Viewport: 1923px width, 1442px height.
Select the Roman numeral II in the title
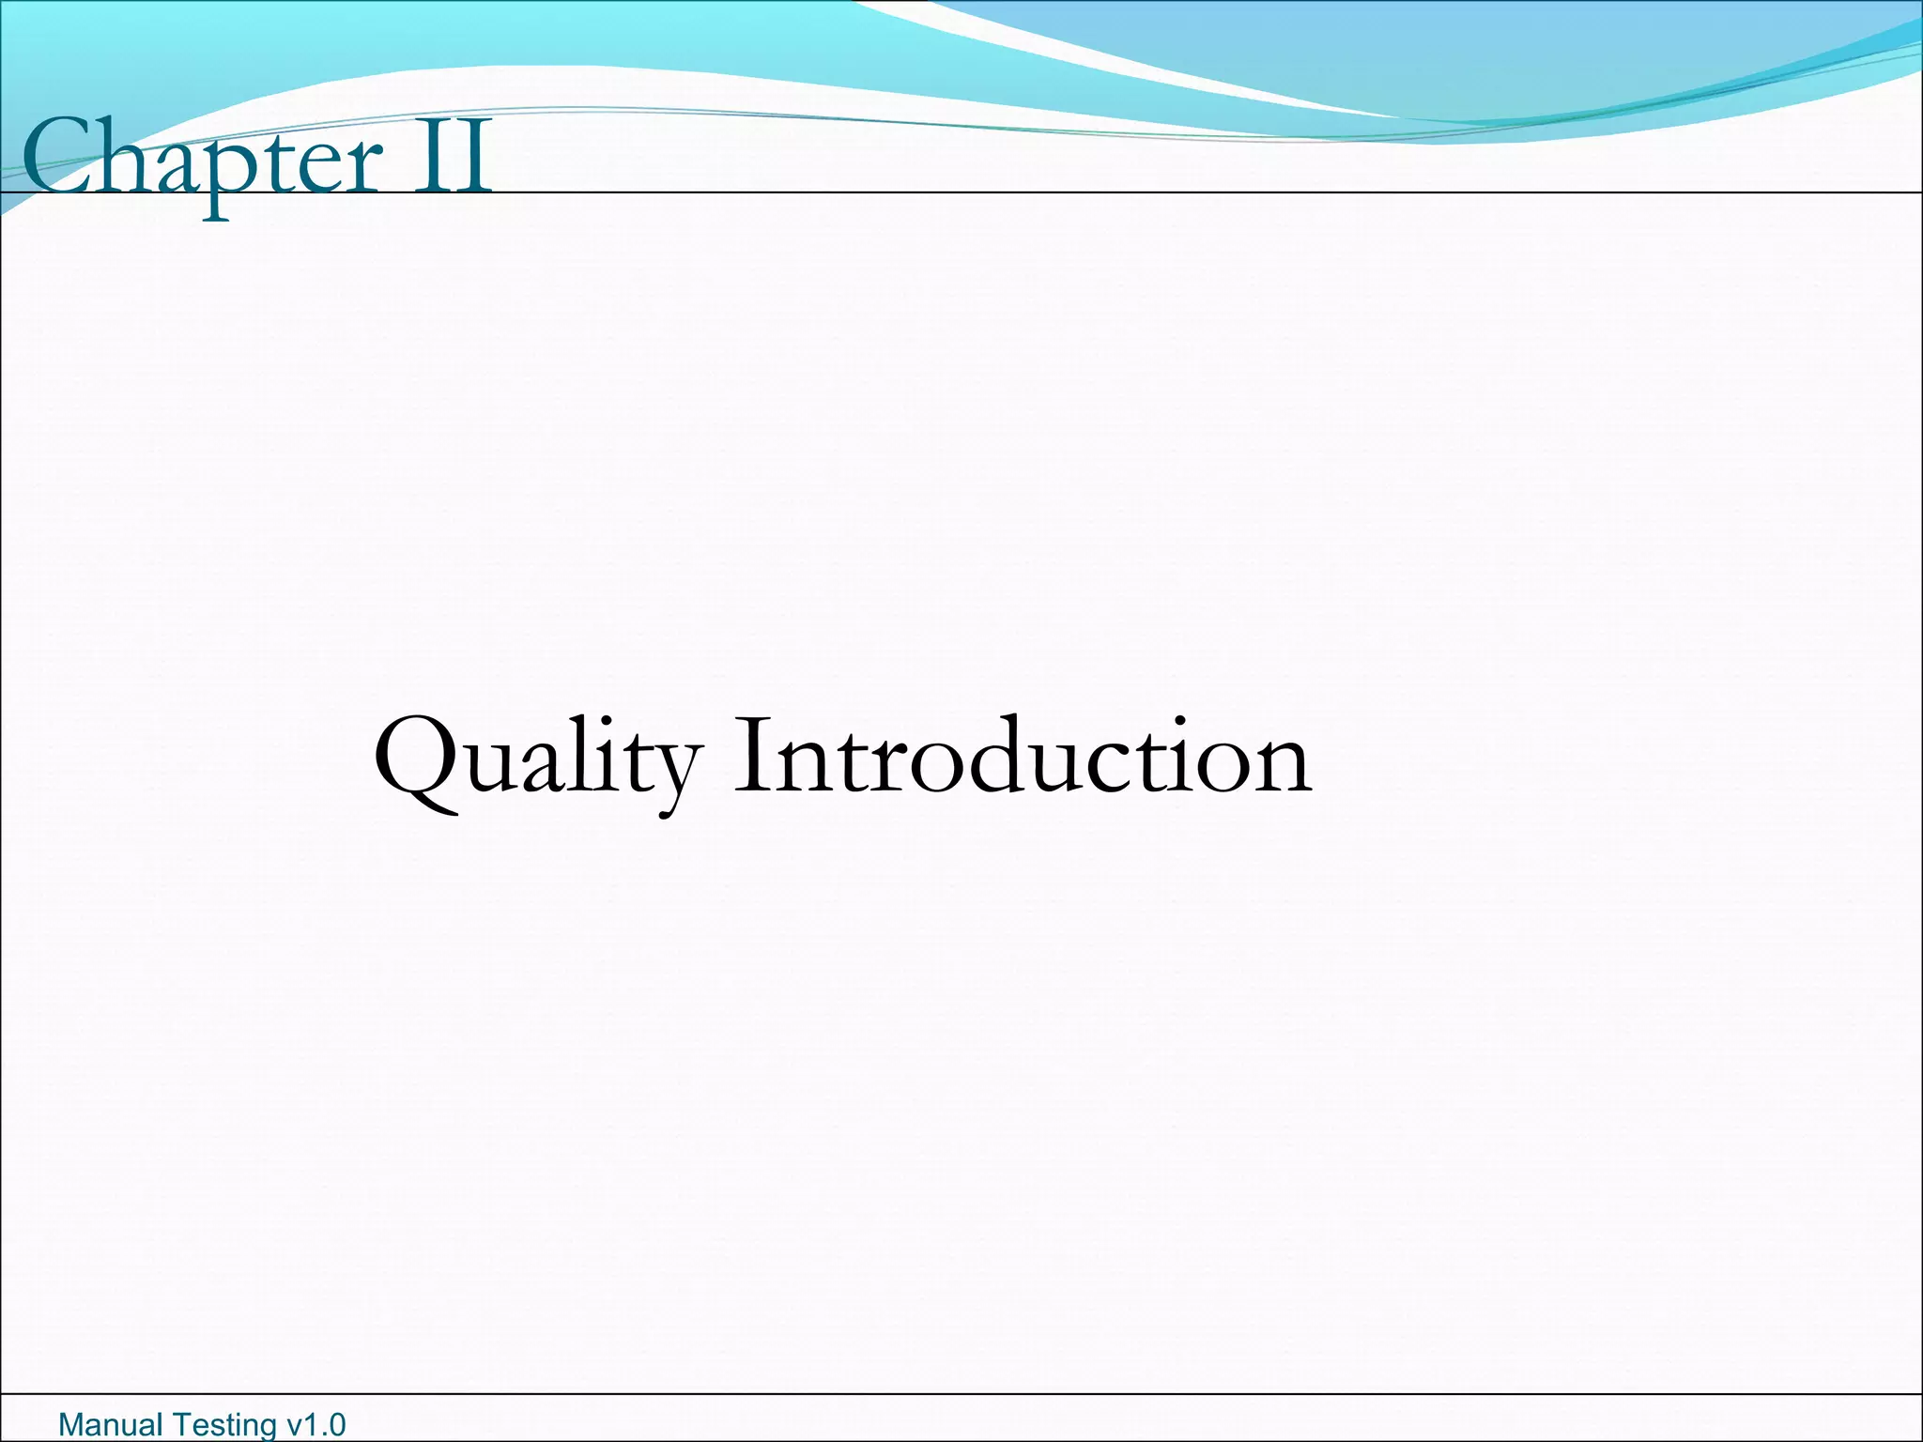[454, 158]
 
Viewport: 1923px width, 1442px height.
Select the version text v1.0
[315, 1424]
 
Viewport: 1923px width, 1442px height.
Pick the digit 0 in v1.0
[335, 1424]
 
